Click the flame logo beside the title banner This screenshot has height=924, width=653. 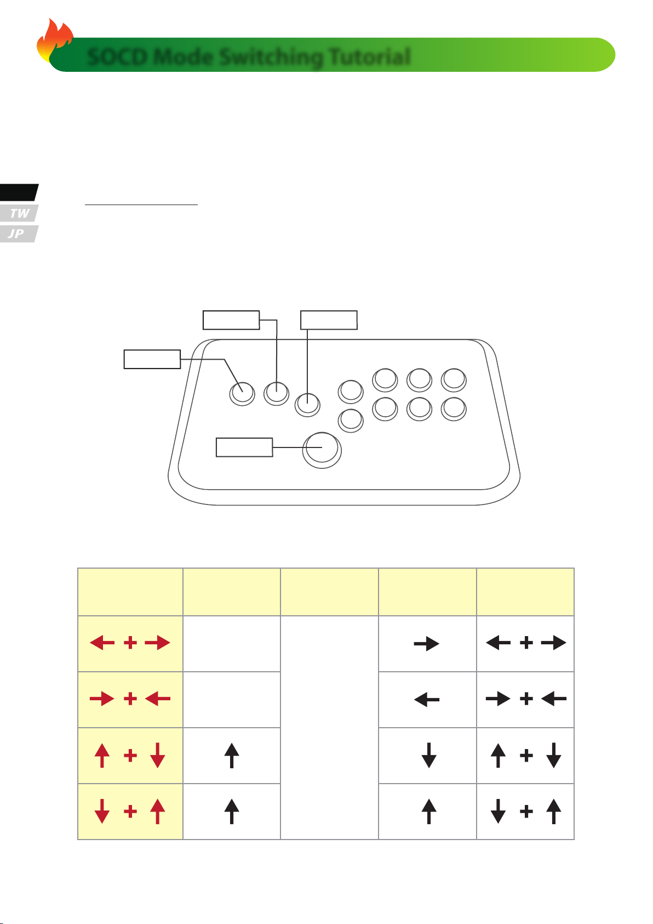pos(54,39)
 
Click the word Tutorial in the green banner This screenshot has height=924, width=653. pos(370,56)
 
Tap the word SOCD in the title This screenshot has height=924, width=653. pos(118,56)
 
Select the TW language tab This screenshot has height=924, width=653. pos(19,213)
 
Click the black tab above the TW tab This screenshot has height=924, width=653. pos(19,192)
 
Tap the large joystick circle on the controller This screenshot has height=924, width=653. pos(322,450)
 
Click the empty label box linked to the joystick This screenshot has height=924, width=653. pos(244,447)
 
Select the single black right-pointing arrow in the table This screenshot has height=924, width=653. pos(426,643)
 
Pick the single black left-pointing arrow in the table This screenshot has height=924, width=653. pos(426,700)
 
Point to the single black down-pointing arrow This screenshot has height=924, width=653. pos(429,755)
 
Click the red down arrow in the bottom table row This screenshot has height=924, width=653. pos(102,812)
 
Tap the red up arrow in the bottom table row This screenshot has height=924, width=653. pos(157,812)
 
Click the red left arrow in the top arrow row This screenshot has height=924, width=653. pos(102,643)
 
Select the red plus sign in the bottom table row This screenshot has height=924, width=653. pos(130,812)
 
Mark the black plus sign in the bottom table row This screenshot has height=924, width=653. pos(526,812)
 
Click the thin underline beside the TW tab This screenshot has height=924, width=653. pos(141,204)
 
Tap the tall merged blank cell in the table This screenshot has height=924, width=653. pos(329,728)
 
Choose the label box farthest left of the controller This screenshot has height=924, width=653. pos(152,359)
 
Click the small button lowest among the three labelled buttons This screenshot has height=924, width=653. pos(307,404)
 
